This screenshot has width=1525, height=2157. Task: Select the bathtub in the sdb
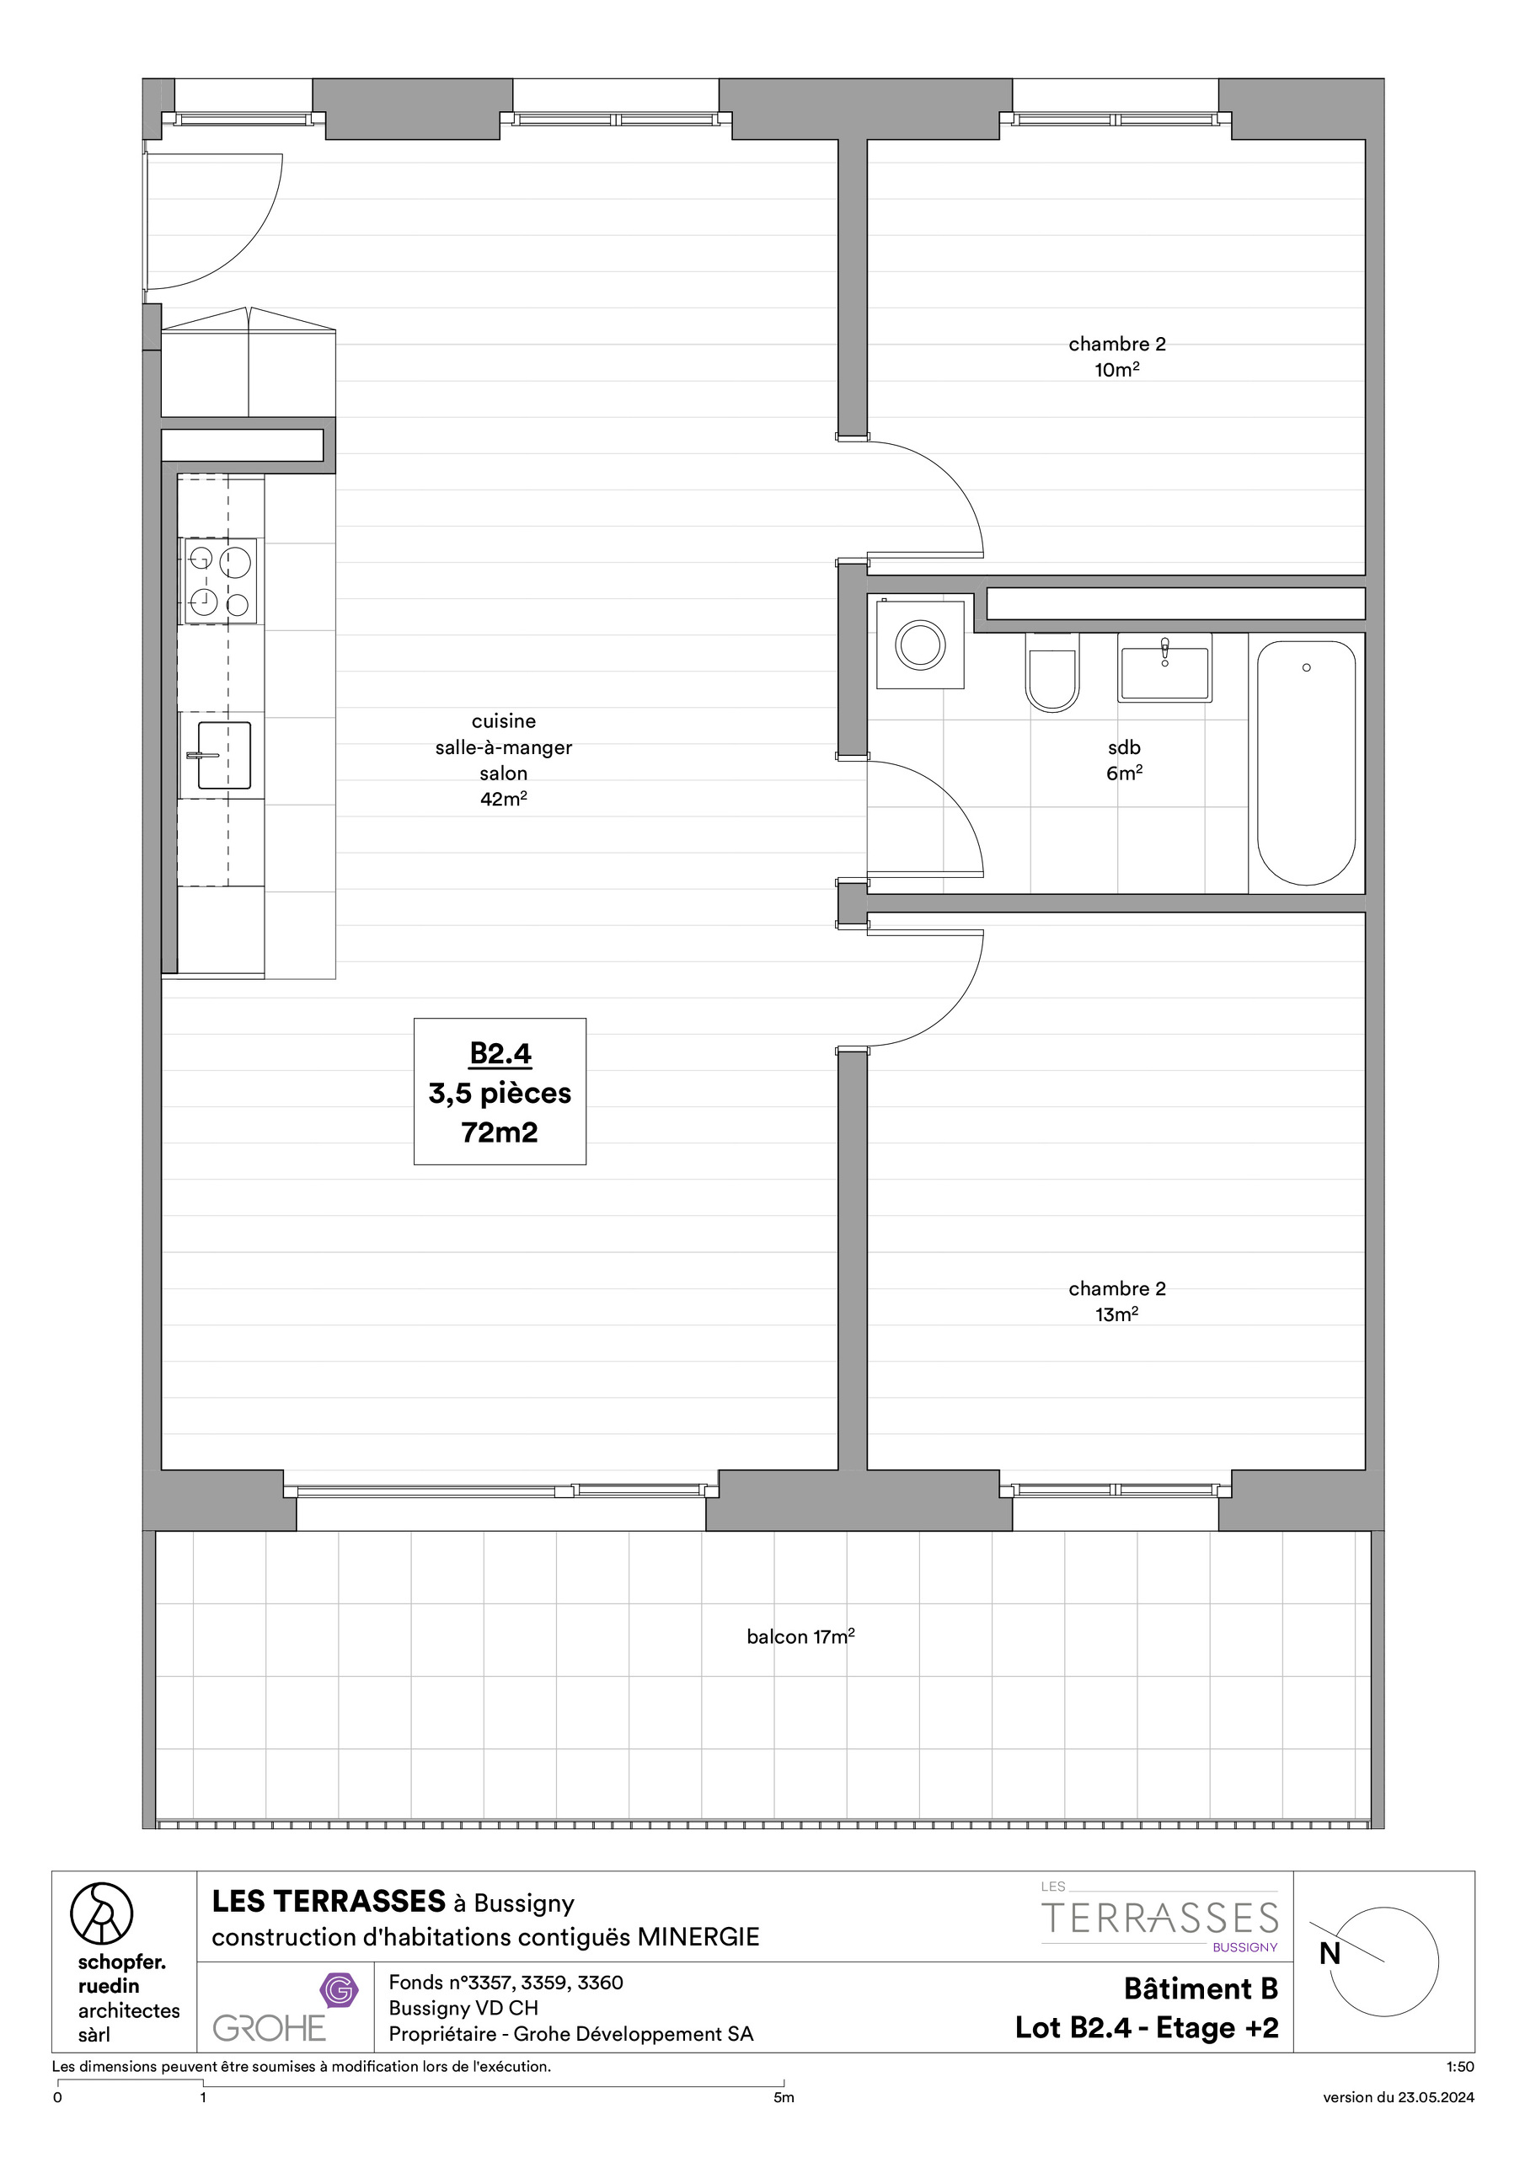(1306, 763)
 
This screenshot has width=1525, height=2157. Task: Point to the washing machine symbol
(920, 645)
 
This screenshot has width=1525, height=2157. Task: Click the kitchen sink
(223, 754)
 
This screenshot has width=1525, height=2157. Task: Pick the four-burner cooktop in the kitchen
(218, 581)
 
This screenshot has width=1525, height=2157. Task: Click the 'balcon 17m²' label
(800, 1636)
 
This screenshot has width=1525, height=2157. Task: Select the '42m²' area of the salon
(504, 800)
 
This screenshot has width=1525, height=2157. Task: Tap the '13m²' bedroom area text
(1116, 1314)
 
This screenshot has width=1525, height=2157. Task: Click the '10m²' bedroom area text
(1116, 370)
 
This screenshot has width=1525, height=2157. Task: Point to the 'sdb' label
(1124, 748)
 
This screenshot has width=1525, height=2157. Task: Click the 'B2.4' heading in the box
(500, 1054)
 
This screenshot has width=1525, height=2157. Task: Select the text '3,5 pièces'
(500, 1094)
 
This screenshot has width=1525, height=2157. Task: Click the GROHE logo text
(269, 2028)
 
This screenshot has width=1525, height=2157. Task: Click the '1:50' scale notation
(1460, 2067)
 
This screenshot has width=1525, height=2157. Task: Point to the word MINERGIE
(698, 1937)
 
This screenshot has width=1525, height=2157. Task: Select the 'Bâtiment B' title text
(1201, 1988)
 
